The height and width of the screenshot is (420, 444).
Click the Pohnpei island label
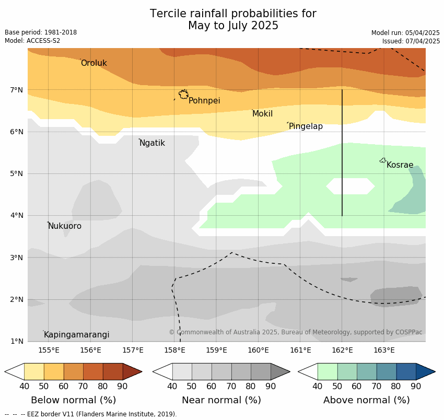tap(204, 101)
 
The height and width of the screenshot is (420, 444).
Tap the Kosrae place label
tap(400, 165)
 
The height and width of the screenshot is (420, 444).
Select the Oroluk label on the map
tap(94, 63)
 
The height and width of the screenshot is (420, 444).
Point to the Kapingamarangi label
tap(76, 335)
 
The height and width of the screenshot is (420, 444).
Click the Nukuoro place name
tap(65, 226)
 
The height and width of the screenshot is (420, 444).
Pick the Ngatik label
tap(152, 143)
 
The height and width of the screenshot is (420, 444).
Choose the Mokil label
tap(262, 114)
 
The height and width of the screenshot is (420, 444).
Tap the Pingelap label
tap(306, 126)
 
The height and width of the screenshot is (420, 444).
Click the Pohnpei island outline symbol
tap(183, 95)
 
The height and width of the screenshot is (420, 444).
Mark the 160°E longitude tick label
tap(258, 350)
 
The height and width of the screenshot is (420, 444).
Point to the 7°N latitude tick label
tap(17, 90)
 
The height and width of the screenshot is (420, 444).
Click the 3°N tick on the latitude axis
tap(17, 258)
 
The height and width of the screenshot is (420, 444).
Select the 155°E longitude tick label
tap(49, 350)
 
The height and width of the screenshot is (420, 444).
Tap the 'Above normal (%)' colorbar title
tap(366, 400)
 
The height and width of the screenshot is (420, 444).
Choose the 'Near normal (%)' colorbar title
tap(221, 400)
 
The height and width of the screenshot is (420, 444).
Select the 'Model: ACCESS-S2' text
tap(32, 41)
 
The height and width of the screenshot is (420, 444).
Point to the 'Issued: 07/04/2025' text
tap(411, 41)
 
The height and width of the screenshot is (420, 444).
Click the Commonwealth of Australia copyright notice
tap(295, 332)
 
